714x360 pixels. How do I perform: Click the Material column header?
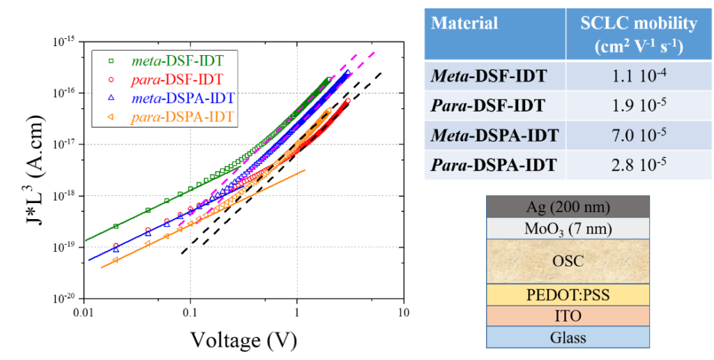click(464, 23)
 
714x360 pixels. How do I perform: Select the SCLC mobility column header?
click(639, 33)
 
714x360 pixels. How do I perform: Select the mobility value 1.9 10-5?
click(639, 106)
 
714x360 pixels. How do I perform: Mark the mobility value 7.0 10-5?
click(639, 135)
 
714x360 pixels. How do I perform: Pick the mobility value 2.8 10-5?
click(639, 165)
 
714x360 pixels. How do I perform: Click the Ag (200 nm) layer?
click(568, 207)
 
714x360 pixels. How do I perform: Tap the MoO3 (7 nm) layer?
click(568, 229)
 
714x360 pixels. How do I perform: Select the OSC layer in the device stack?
click(568, 262)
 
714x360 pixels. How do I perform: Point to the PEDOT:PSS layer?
click(568, 295)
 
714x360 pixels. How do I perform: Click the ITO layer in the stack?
click(568, 316)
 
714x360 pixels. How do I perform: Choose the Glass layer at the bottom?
click(568, 338)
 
